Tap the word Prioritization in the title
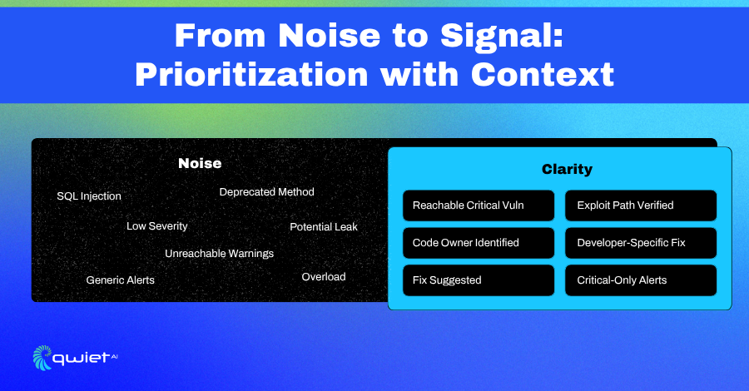(x=251, y=75)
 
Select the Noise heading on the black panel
(x=200, y=163)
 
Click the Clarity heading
(x=567, y=169)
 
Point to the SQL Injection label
(x=89, y=196)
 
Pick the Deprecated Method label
(x=266, y=192)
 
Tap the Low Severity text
(x=156, y=226)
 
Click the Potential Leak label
(x=324, y=227)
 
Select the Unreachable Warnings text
(x=219, y=254)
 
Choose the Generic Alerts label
(x=121, y=280)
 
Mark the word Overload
(x=324, y=277)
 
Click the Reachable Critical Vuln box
(x=479, y=205)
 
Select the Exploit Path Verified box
(x=641, y=205)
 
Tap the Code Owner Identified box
(x=479, y=243)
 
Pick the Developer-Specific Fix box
(x=641, y=243)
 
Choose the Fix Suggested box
(x=479, y=280)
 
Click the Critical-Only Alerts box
(x=641, y=280)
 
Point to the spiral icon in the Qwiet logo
(x=42, y=358)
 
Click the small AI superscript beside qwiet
(x=114, y=356)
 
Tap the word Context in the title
(x=542, y=75)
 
